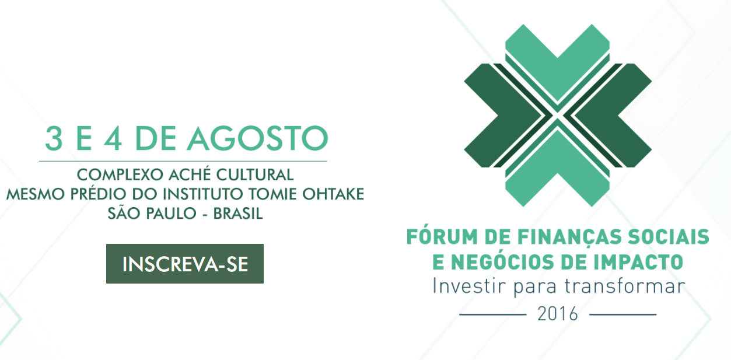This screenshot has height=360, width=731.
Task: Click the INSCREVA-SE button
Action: [185, 263]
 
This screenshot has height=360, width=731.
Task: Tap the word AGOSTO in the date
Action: [259, 139]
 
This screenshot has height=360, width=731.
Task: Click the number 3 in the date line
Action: [54, 139]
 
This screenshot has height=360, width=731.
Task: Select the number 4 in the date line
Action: [113, 139]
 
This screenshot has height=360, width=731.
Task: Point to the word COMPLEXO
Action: [120, 175]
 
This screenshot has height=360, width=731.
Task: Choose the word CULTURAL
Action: [255, 175]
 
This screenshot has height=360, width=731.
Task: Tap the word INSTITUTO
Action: [202, 194]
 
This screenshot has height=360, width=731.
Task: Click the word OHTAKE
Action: [333, 194]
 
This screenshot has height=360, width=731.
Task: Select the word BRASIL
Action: [238, 214]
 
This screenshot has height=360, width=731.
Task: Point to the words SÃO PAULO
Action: [152, 213]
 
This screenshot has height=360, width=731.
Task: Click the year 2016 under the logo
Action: [558, 314]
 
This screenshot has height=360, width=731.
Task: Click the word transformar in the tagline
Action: [625, 286]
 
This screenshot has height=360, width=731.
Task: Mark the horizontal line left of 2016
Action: [493, 314]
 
